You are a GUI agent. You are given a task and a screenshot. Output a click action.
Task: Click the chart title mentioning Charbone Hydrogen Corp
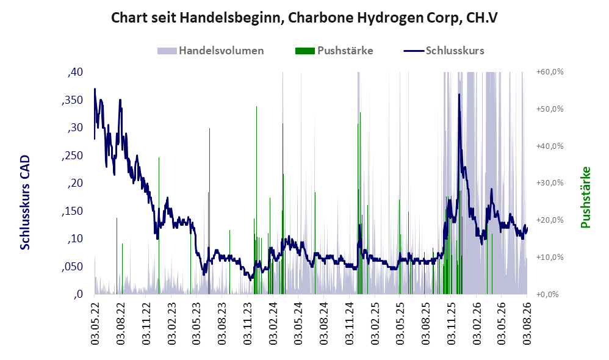[304, 18]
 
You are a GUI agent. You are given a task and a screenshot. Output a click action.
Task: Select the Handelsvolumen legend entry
[211, 51]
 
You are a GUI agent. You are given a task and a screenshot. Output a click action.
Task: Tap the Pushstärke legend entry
[334, 51]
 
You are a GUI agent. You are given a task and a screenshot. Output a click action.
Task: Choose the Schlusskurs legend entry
[444, 51]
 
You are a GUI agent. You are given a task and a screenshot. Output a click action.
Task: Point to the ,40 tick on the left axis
[75, 72]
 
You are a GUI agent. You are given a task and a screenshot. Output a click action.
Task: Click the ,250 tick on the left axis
[72, 156]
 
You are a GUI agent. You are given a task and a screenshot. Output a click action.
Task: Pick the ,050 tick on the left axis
[72, 267]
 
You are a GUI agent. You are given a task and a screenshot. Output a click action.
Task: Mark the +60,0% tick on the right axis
[550, 72]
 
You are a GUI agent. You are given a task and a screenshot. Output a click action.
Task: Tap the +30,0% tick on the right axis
[550, 183]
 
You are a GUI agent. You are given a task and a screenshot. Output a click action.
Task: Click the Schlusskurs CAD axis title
[25, 203]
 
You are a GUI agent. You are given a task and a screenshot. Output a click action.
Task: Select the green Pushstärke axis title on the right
[585, 197]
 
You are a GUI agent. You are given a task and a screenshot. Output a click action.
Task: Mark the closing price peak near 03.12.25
[459, 95]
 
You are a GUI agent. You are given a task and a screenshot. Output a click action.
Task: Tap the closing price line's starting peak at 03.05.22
[95, 89]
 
